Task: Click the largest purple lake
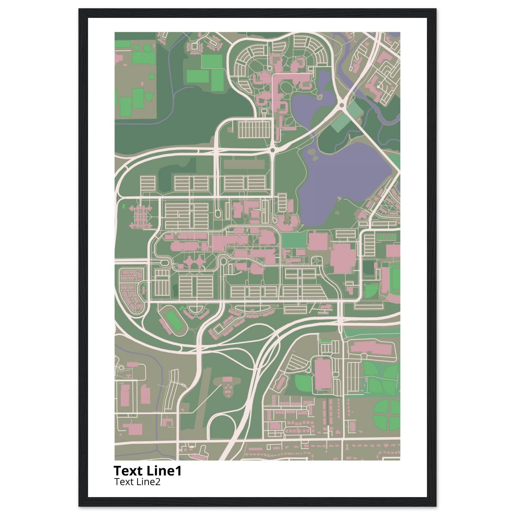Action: click(x=347, y=176)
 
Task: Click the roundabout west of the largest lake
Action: click(x=272, y=151)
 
